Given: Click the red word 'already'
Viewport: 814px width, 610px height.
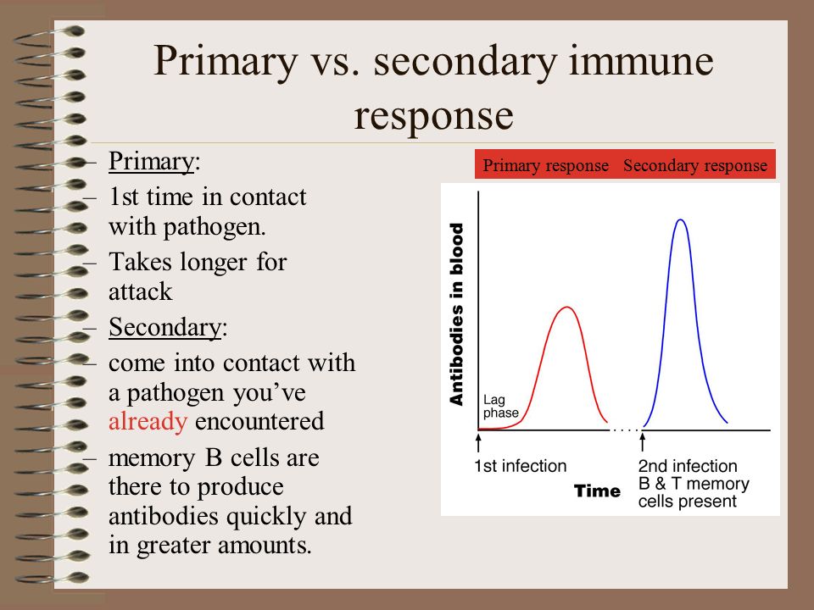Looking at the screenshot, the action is tap(148, 421).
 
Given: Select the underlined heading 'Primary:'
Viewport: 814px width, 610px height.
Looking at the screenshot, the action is tap(154, 161).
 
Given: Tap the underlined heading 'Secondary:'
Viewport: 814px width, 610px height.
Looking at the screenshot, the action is tap(168, 327).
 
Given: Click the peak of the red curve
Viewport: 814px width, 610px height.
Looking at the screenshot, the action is tap(566, 308).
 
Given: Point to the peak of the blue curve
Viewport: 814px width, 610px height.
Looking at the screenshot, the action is tap(681, 220).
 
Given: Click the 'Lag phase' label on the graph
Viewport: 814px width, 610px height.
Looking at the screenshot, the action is tap(500, 406).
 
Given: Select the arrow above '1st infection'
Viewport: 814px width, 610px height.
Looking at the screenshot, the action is tap(478, 442).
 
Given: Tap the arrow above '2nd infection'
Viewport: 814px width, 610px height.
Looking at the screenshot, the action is tap(642, 442).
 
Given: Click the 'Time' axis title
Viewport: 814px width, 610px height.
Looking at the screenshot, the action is tap(597, 491).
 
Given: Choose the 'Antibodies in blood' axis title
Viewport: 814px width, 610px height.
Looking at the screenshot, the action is tap(456, 314).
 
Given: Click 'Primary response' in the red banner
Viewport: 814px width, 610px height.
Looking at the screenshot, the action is tap(545, 165).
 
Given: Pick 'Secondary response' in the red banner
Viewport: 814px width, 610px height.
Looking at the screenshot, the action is tap(695, 165).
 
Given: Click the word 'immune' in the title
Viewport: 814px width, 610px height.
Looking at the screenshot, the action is tap(641, 60).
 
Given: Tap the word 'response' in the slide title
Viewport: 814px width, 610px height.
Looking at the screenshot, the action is tap(433, 116).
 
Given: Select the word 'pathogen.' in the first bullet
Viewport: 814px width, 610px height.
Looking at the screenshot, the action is tap(215, 227).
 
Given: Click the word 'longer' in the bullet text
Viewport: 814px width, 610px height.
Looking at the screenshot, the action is tap(214, 263).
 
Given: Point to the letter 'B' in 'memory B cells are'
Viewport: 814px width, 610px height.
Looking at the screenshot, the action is tap(214, 457).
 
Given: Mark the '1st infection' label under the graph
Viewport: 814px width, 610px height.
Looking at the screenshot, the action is tap(520, 466).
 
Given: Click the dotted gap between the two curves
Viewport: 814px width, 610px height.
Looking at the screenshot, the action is tap(625, 430).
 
